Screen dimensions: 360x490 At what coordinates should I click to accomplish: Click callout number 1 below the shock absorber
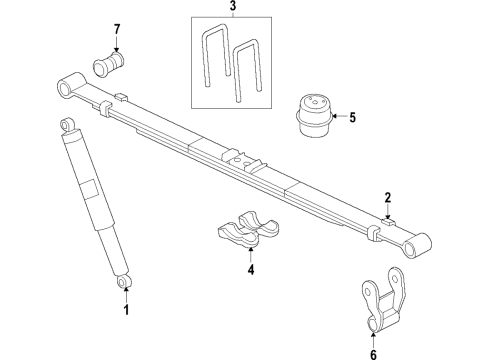[126, 310]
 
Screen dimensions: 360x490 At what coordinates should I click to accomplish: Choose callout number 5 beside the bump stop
[351, 118]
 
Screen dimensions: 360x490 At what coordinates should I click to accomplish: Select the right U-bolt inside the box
[247, 71]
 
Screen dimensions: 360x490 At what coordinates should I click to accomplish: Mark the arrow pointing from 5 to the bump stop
[336, 118]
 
